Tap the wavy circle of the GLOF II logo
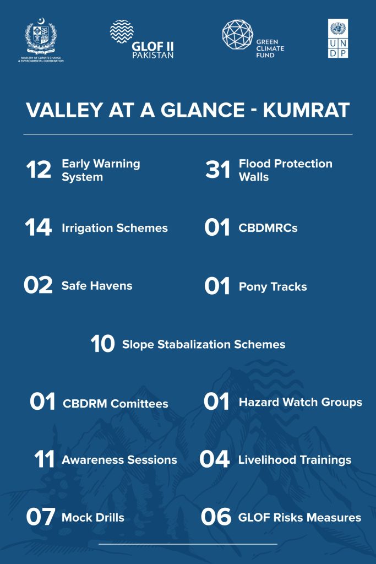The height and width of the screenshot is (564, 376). tap(122, 31)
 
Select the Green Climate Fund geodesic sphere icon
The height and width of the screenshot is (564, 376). tap(237, 35)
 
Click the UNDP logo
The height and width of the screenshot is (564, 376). tap(338, 39)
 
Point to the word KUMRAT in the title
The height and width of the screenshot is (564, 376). tap(306, 110)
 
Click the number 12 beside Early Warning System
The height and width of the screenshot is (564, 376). tap(39, 170)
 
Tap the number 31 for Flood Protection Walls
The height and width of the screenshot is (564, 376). tap(218, 170)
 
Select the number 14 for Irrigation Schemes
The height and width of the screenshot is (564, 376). tap(38, 227)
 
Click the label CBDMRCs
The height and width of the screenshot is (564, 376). tap(268, 228)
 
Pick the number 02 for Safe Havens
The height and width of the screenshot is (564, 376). tap(38, 285)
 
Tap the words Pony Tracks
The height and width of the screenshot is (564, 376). tap(273, 286)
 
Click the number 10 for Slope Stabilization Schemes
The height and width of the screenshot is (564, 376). tap(103, 344)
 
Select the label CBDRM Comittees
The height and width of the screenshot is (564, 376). tap(116, 404)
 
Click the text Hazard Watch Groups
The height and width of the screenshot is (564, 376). tap(301, 402)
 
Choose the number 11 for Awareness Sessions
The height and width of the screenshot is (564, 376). tap(44, 459)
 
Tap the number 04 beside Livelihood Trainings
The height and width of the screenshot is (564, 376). tap(215, 459)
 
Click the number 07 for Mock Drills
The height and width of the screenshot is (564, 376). tap(41, 517)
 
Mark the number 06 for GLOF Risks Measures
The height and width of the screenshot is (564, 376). tap(216, 517)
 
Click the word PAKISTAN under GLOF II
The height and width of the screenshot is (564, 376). tap(153, 55)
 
